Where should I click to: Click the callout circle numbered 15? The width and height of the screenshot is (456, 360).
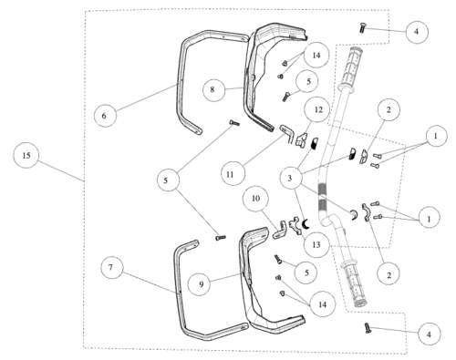tap(26, 155)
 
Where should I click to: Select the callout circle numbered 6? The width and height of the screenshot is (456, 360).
tap(104, 116)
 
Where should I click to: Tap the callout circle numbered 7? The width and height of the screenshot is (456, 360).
tap(110, 267)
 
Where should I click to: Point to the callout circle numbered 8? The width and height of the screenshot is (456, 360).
tap(212, 89)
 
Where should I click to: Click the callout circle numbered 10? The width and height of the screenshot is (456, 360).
tap(256, 199)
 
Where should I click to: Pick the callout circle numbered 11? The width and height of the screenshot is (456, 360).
tap(230, 174)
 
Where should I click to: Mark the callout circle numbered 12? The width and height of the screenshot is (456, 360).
tap(318, 109)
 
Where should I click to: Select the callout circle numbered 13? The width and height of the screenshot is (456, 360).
tap(316, 244)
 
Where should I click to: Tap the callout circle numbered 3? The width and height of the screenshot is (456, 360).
tap(290, 178)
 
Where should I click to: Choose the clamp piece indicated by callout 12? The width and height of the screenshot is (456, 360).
tap(301, 139)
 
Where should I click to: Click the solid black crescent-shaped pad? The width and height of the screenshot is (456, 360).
tap(306, 224)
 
